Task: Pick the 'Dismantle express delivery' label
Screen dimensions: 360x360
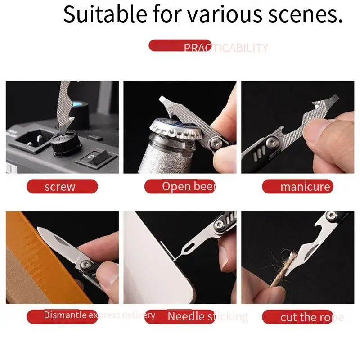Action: [99, 315]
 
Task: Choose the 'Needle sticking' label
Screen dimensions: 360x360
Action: [207, 316]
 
